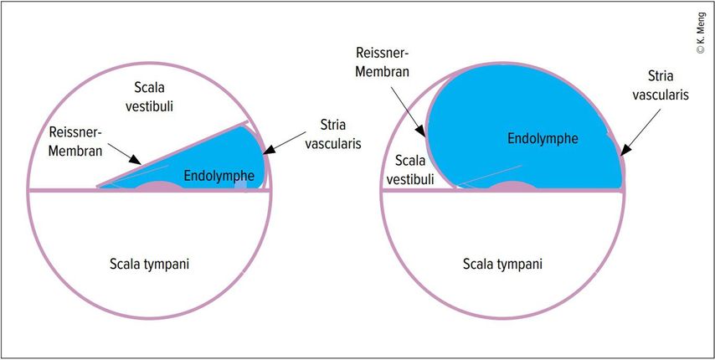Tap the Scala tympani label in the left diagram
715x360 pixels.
[x=149, y=265]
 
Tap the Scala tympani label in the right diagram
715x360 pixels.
[x=502, y=265]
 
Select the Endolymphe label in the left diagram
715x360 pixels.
[x=219, y=174]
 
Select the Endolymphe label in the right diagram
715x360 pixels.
[x=543, y=136]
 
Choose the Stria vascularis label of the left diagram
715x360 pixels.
[x=340, y=134]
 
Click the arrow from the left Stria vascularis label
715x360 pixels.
[x=285, y=142]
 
